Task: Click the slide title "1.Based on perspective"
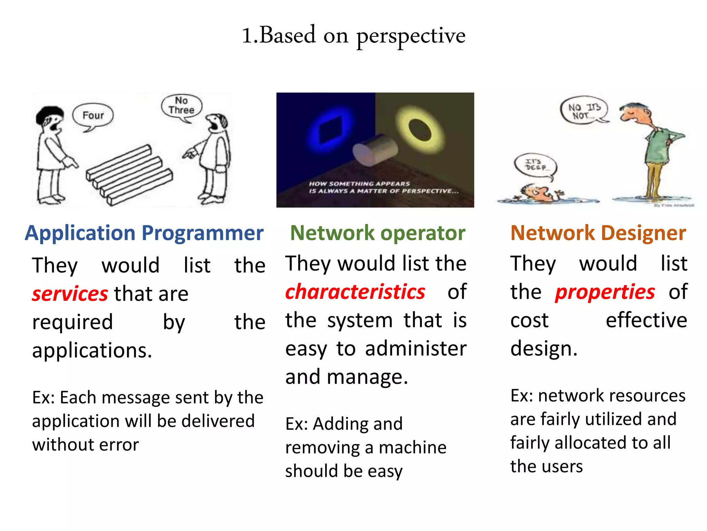point(353,35)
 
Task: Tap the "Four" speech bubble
point(93,115)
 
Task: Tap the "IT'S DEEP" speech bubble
point(535,165)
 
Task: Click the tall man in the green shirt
point(652,149)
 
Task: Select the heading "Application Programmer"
point(144,233)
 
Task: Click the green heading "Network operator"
point(378,233)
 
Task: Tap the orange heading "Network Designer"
point(598,233)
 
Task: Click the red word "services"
point(70,294)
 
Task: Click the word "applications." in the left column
point(92,351)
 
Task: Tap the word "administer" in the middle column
point(416,348)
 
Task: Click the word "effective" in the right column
point(646,320)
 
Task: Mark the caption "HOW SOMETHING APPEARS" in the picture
point(359,184)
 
